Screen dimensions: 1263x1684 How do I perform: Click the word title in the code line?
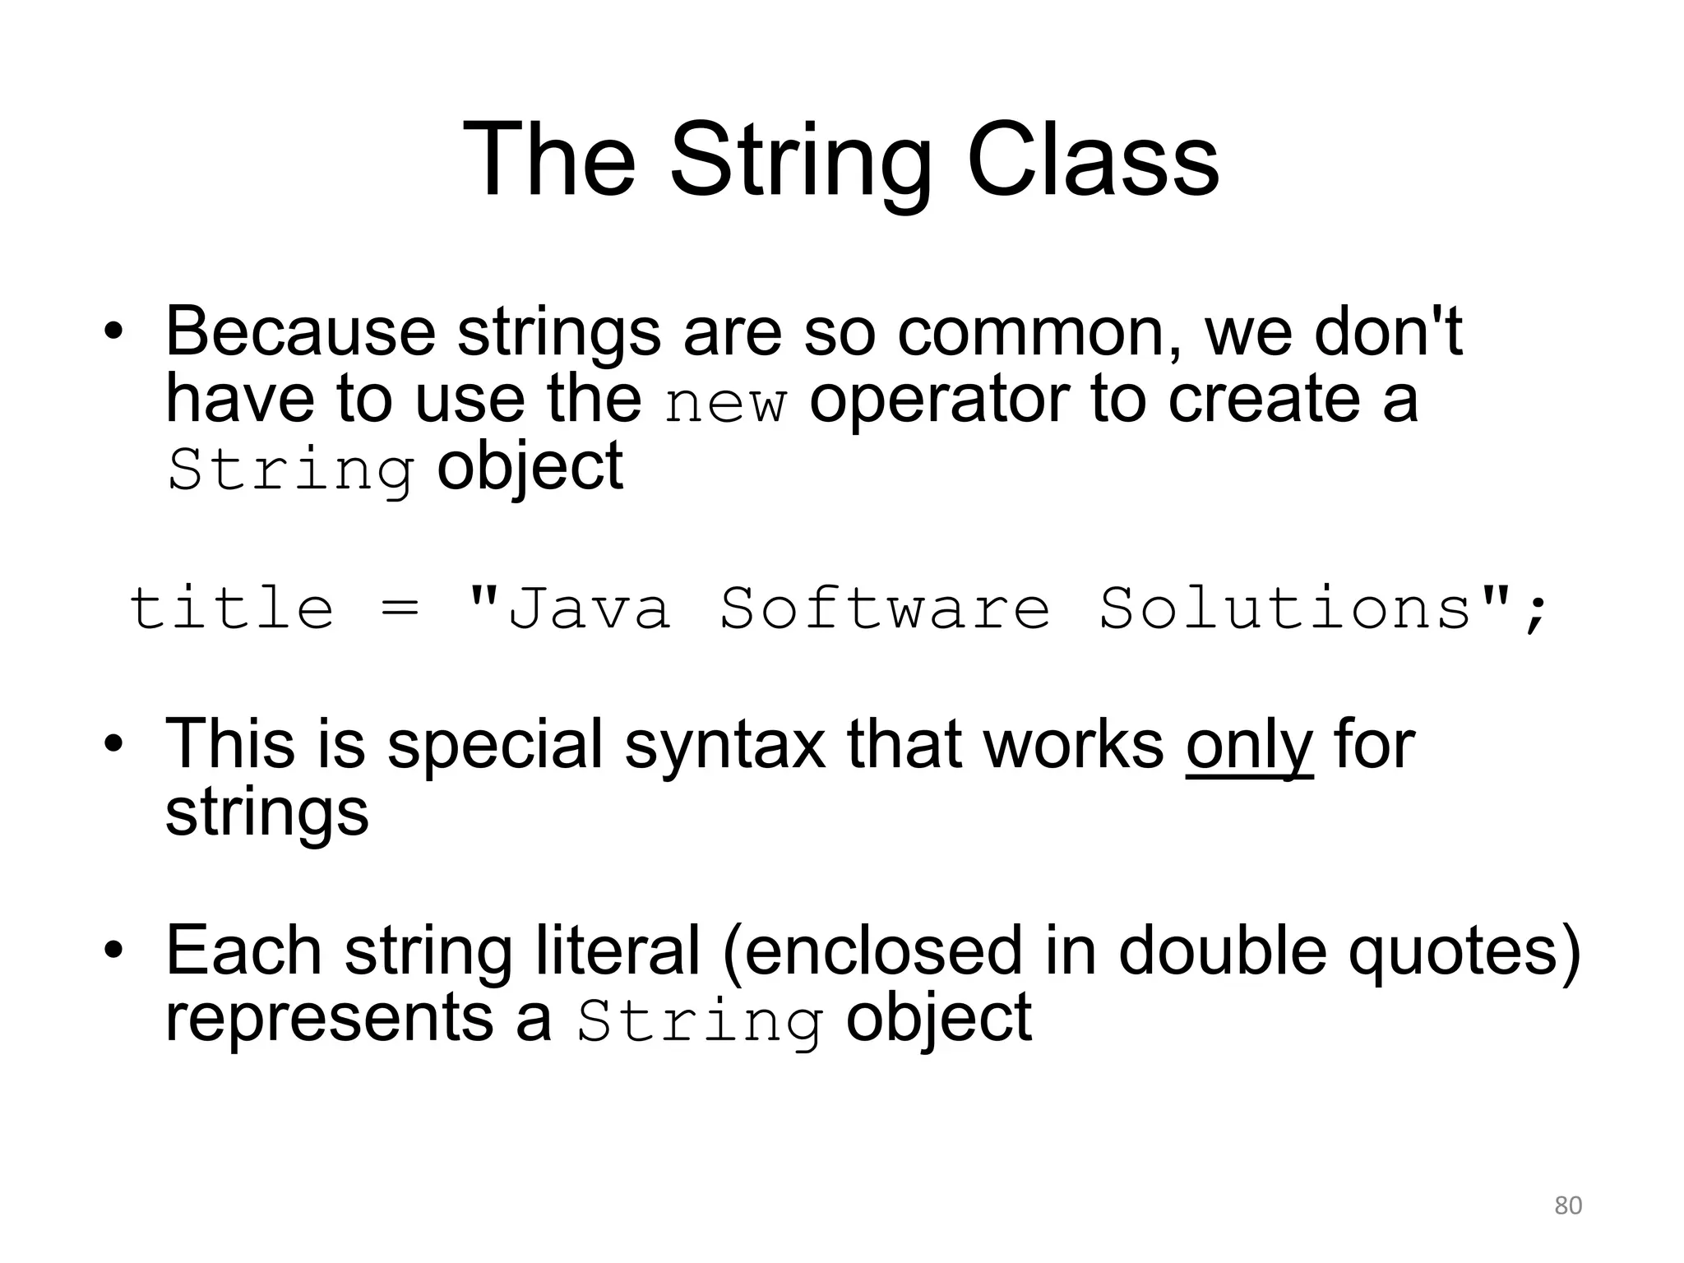[x=232, y=608]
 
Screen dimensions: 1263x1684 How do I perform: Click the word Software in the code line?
[x=885, y=608]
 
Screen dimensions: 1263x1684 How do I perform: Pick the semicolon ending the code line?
[x=1535, y=613]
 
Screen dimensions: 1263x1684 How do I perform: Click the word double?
[x=1223, y=951]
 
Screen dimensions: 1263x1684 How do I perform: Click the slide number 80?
[x=1568, y=1205]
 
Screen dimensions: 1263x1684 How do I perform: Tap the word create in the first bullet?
[x=1264, y=400]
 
